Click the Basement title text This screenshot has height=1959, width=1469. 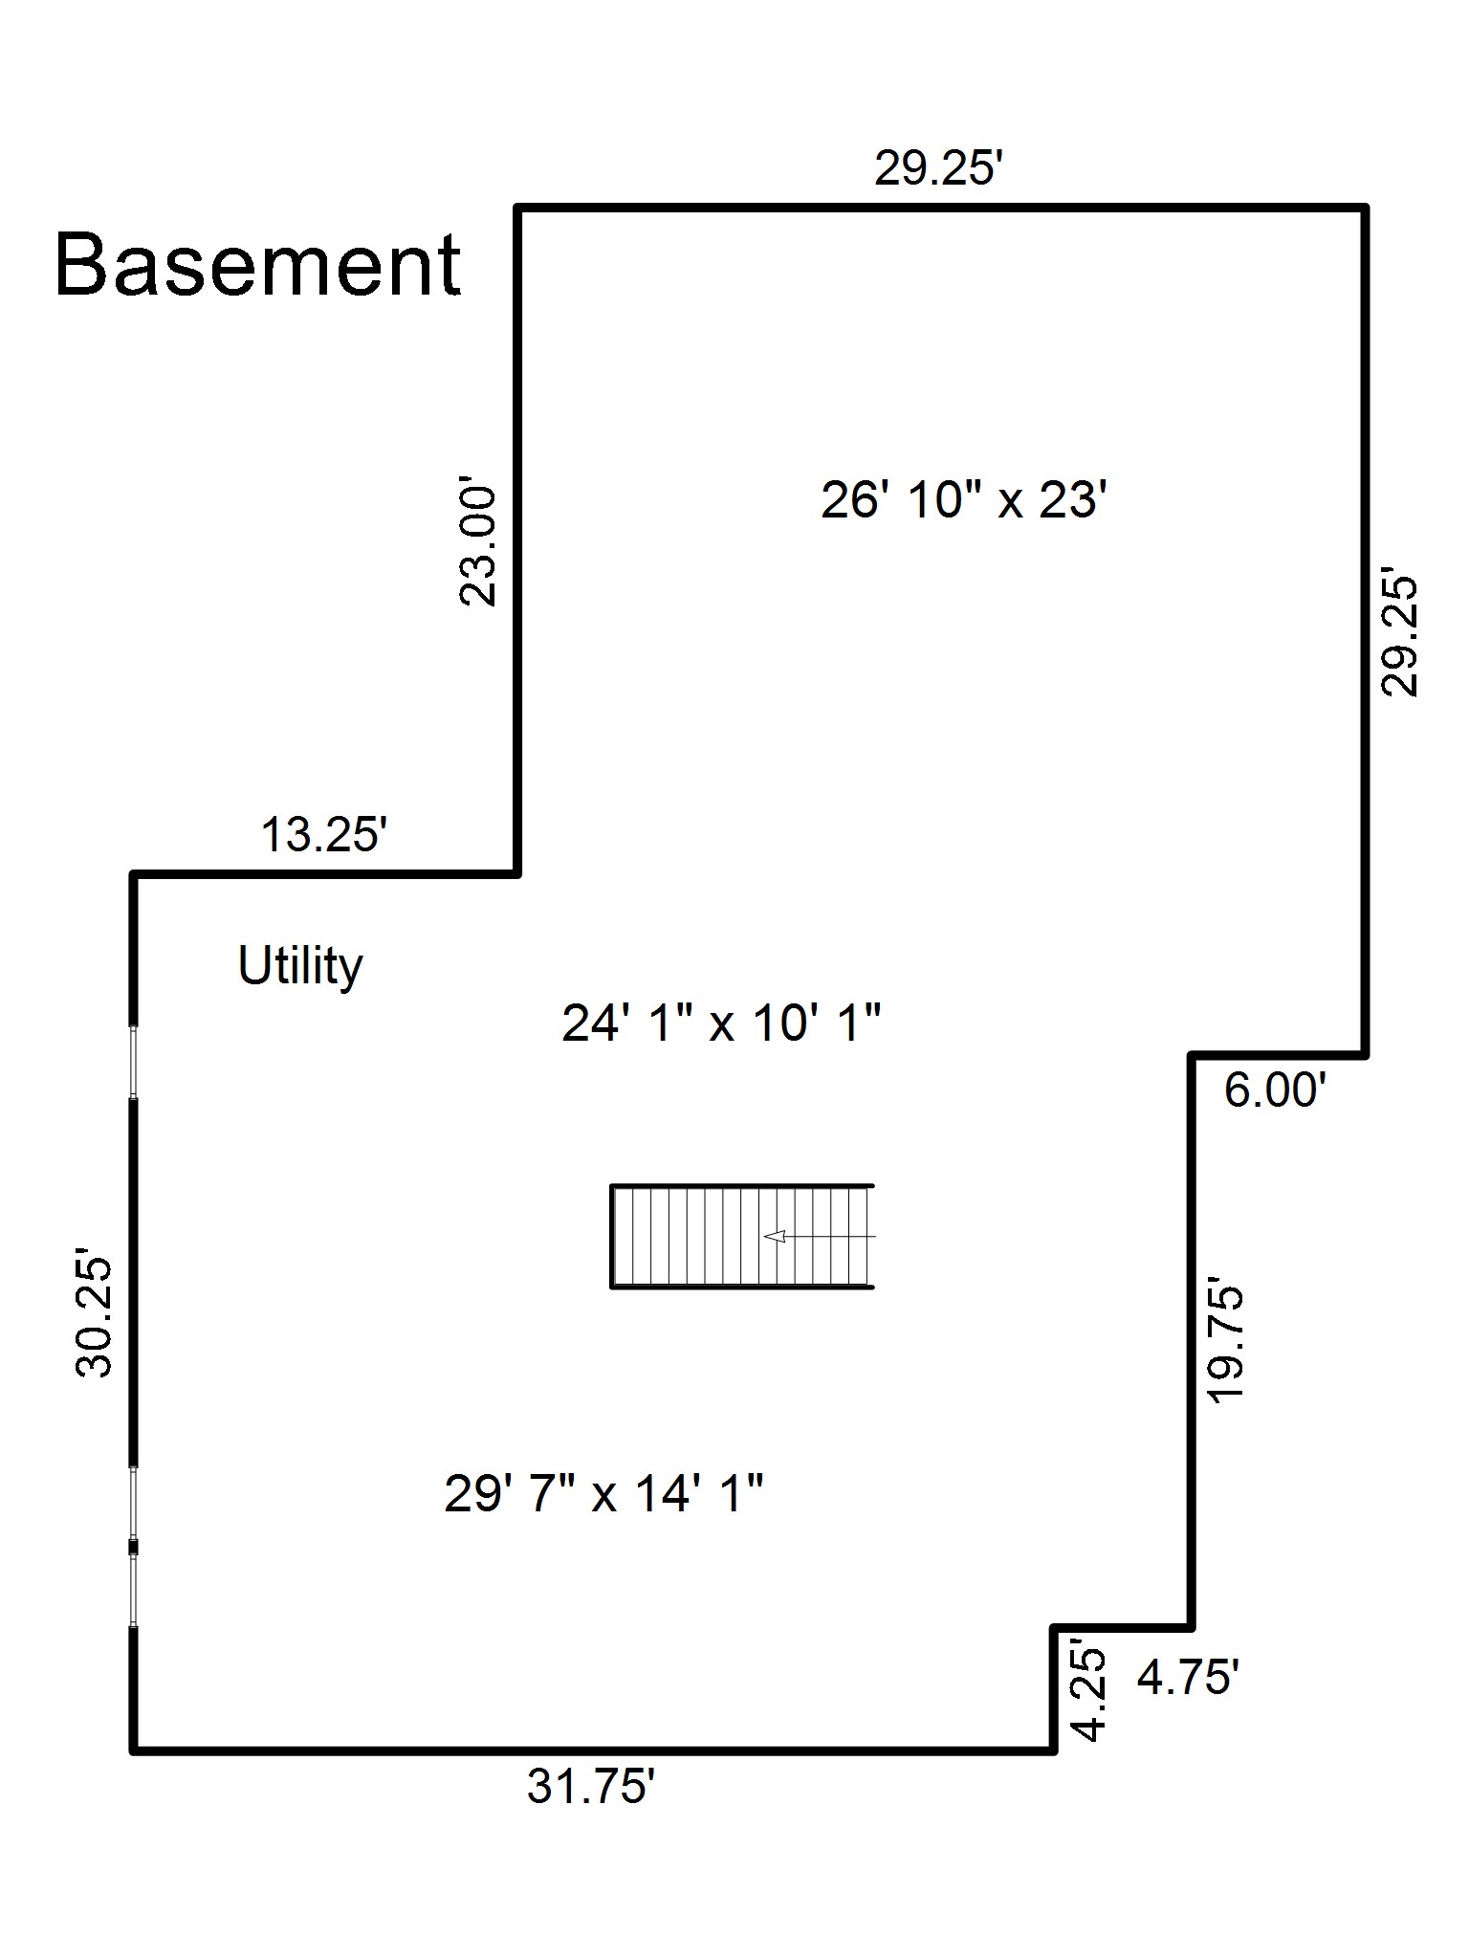pyautogui.click(x=258, y=265)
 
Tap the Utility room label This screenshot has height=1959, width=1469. pyautogui.click(x=300, y=966)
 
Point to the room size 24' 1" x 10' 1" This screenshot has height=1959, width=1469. pyautogui.click(x=721, y=1024)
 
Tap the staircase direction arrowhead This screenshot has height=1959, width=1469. pyautogui.click(x=775, y=1236)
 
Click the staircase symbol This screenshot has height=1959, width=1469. pyautogui.click(x=742, y=1237)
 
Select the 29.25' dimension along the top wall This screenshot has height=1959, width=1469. pyautogui.click(x=938, y=169)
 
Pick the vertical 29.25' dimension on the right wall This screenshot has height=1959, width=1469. pyautogui.click(x=1399, y=635)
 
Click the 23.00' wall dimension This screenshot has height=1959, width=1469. pyautogui.click(x=479, y=545)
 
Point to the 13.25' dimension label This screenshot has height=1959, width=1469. pyautogui.click(x=323, y=834)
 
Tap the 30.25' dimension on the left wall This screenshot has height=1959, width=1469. pyautogui.click(x=94, y=1317)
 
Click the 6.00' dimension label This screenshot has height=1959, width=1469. pyautogui.click(x=1276, y=1090)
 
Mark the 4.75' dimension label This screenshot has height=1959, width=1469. pyautogui.click(x=1189, y=1677)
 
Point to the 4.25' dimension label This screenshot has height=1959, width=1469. pyautogui.click(x=1089, y=1693)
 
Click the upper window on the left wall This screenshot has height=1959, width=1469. pyautogui.click(x=134, y=1062)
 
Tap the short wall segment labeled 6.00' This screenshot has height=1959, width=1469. pyautogui.click(x=1279, y=1055)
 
